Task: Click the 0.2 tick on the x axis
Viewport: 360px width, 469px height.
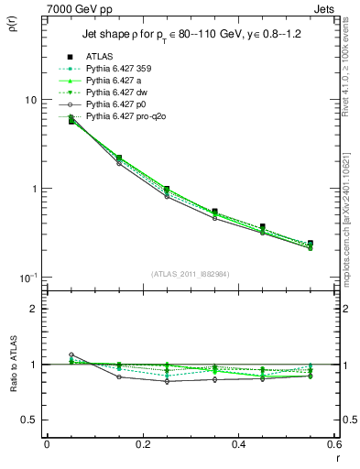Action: (142, 443)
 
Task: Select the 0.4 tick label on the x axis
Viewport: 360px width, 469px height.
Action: (238, 443)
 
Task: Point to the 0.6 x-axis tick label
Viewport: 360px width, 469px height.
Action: (333, 443)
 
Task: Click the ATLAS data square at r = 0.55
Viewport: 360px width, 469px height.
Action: (311, 244)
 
